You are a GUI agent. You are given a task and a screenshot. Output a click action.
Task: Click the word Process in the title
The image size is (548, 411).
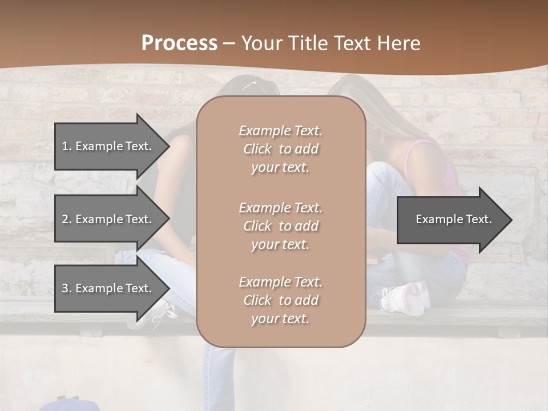(x=179, y=43)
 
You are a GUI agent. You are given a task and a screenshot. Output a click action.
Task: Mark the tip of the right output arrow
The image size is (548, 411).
(x=511, y=220)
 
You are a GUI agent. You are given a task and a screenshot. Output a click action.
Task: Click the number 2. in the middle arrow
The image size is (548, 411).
(x=67, y=219)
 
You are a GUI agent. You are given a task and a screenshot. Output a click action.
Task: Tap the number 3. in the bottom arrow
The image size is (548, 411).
(x=67, y=288)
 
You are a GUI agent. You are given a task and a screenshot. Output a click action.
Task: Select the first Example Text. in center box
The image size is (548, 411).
(x=280, y=131)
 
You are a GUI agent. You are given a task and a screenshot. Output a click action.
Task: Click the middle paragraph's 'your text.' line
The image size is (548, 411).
(x=280, y=244)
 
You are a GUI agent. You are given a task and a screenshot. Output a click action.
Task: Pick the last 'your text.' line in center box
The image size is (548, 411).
(x=280, y=319)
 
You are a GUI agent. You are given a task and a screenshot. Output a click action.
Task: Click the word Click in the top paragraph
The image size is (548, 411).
(x=257, y=149)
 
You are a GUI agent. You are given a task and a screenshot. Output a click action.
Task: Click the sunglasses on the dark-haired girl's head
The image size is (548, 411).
(x=249, y=85)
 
